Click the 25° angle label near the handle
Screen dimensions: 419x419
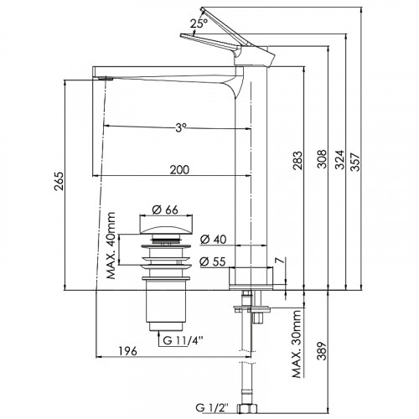(x=199, y=23)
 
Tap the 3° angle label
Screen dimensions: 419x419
(x=181, y=128)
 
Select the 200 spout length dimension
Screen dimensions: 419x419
(x=179, y=170)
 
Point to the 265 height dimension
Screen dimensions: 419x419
(x=59, y=181)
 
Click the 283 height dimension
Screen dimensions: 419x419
(x=297, y=160)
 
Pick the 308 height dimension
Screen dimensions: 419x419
(x=323, y=159)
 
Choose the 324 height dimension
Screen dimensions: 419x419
(x=340, y=160)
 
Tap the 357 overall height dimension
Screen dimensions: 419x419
(x=356, y=162)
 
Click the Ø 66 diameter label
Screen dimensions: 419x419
(x=165, y=209)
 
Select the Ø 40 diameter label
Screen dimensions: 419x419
(x=214, y=240)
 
